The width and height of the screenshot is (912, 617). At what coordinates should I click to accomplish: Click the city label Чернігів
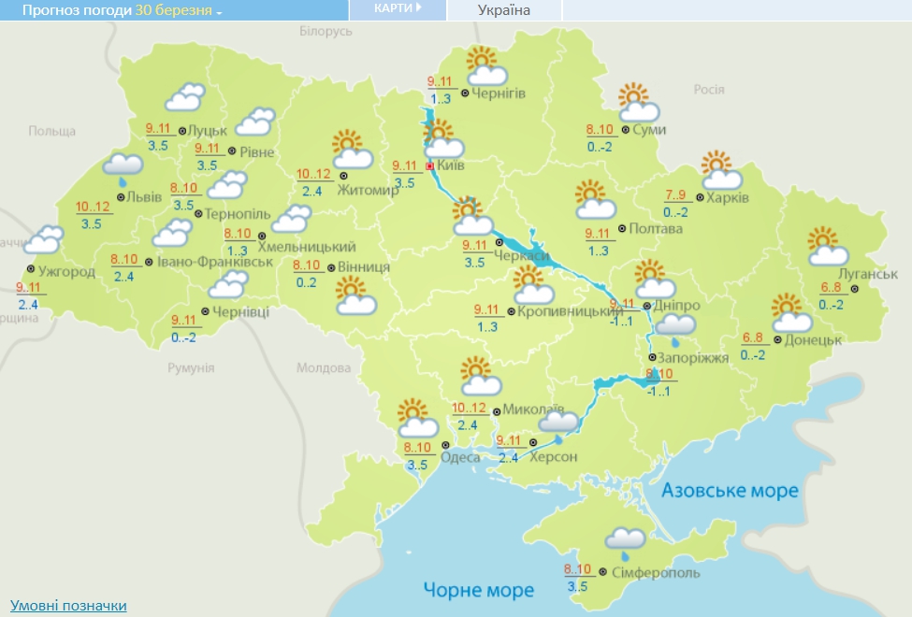click(x=499, y=93)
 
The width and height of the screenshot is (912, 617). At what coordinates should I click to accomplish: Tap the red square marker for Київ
click(x=429, y=166)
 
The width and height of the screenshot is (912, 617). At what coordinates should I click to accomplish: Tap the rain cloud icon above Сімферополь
click(x=625, y=540)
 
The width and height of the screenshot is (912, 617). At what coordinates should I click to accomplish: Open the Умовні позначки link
click(x=68, y=606)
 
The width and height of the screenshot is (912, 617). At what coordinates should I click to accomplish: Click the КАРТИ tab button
click(x=398, y=8)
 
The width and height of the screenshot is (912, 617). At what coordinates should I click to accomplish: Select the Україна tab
click(x=504, y=10)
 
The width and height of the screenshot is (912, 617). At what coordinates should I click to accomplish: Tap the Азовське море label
click(x=730, y=491)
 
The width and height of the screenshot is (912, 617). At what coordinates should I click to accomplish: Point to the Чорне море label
click(x=479, y=590)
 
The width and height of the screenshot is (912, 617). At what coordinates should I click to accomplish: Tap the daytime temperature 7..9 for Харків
click(x=675, y=195)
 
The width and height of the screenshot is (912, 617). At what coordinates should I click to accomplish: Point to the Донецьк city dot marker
click(x=776, y=339)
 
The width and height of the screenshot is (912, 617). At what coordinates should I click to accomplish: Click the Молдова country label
click(x=322, y=367)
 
